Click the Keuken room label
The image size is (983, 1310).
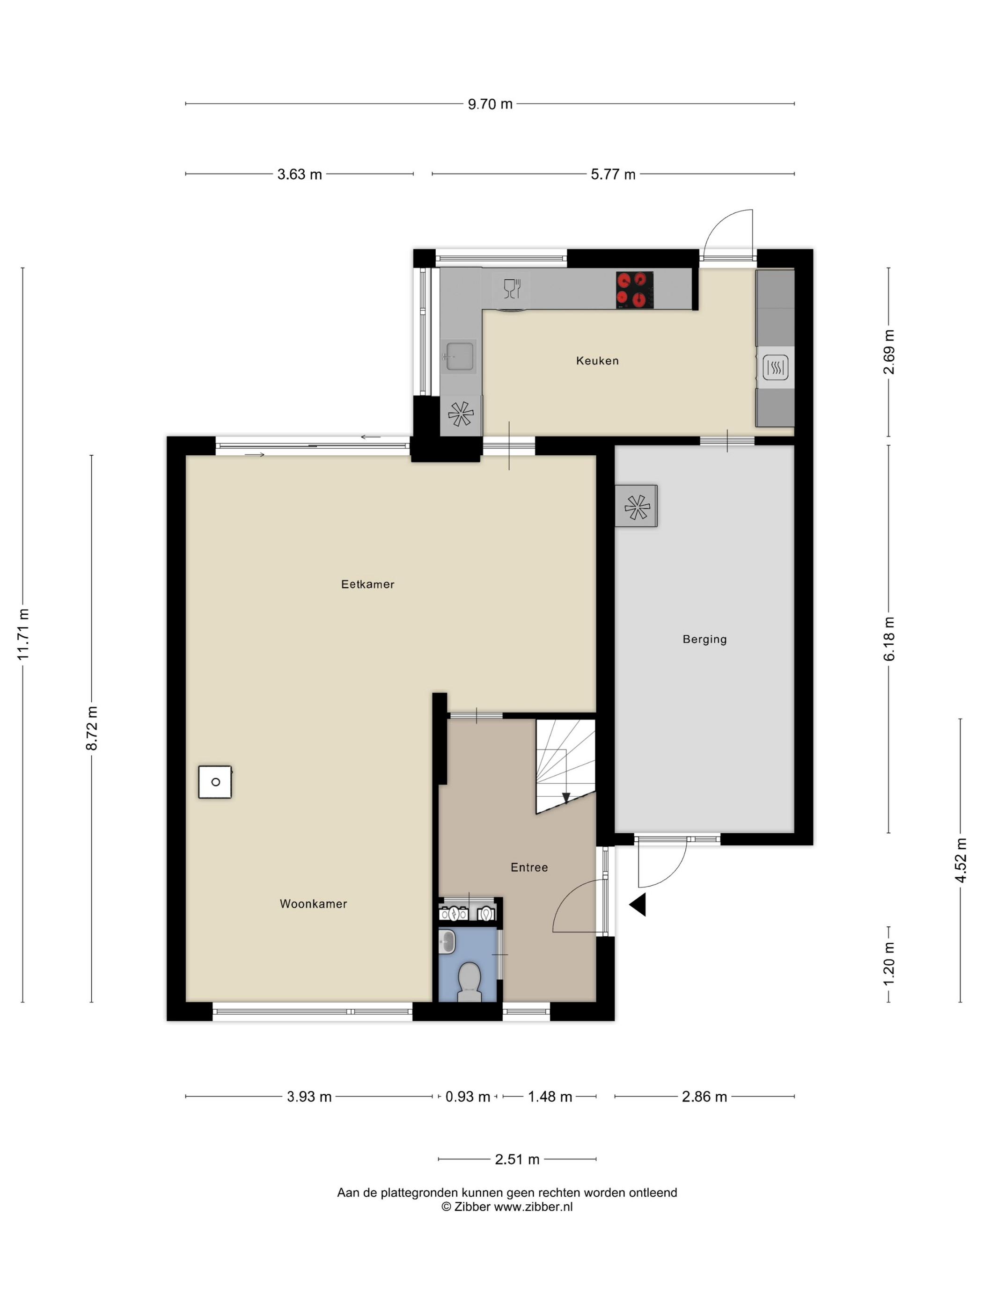597,361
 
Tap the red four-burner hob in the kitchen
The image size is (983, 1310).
634,290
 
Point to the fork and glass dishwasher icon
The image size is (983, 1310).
511,288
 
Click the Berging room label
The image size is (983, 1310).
704,639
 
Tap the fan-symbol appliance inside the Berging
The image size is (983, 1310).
636,506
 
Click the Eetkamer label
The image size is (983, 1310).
367,584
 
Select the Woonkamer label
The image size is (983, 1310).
313,904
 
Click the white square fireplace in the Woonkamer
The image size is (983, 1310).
214,782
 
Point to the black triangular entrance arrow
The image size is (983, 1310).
638,905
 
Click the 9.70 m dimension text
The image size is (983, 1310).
490,104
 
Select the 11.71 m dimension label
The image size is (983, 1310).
22,634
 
